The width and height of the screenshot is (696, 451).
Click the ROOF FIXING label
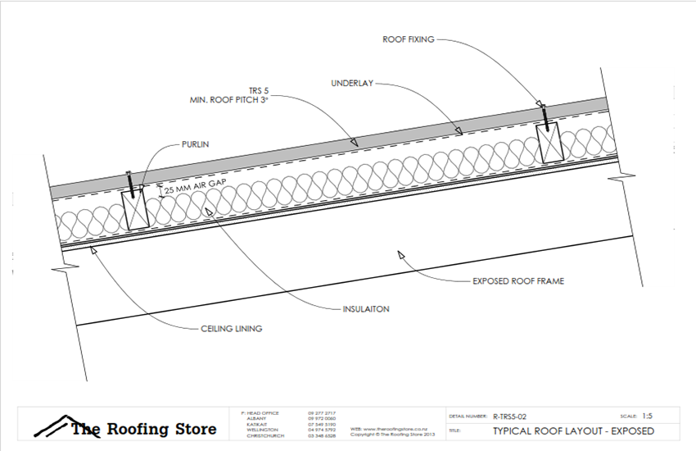point(409,39)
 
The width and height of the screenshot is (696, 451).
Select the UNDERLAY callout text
point(353,84)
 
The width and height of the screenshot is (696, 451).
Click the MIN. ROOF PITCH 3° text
point(224,99)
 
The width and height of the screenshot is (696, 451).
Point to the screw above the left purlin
point(130,180)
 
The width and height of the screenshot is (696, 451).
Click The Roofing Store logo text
point(143,429)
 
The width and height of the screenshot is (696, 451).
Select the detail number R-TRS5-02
point(516,417)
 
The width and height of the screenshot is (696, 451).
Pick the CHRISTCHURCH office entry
point(265,435)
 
